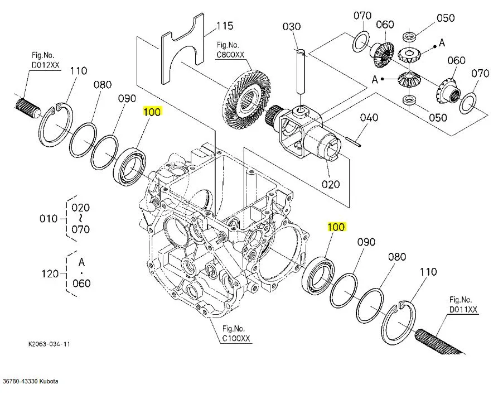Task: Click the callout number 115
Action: click(225, 26)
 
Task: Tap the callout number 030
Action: click(292, 26)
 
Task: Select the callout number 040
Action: click(369, 118)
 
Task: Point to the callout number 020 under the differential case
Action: click(331, 184)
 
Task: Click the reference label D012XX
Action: click(46, 65)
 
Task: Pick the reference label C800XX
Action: click(230, 55)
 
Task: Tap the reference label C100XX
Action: click(236, 338)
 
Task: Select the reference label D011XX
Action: click(463, 310)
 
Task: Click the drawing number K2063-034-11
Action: click(49, 344)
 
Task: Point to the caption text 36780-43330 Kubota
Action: click(31, 382)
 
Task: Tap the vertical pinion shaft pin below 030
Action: click(301, 71)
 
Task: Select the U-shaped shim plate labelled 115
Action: click(183, 48)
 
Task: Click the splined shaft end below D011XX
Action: click(439, 342)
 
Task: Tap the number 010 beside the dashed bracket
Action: click(49, 219)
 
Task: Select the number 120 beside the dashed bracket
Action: click(50, 273)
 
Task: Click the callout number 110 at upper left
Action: click(79, 71)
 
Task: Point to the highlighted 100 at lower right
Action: click(336, 227)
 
